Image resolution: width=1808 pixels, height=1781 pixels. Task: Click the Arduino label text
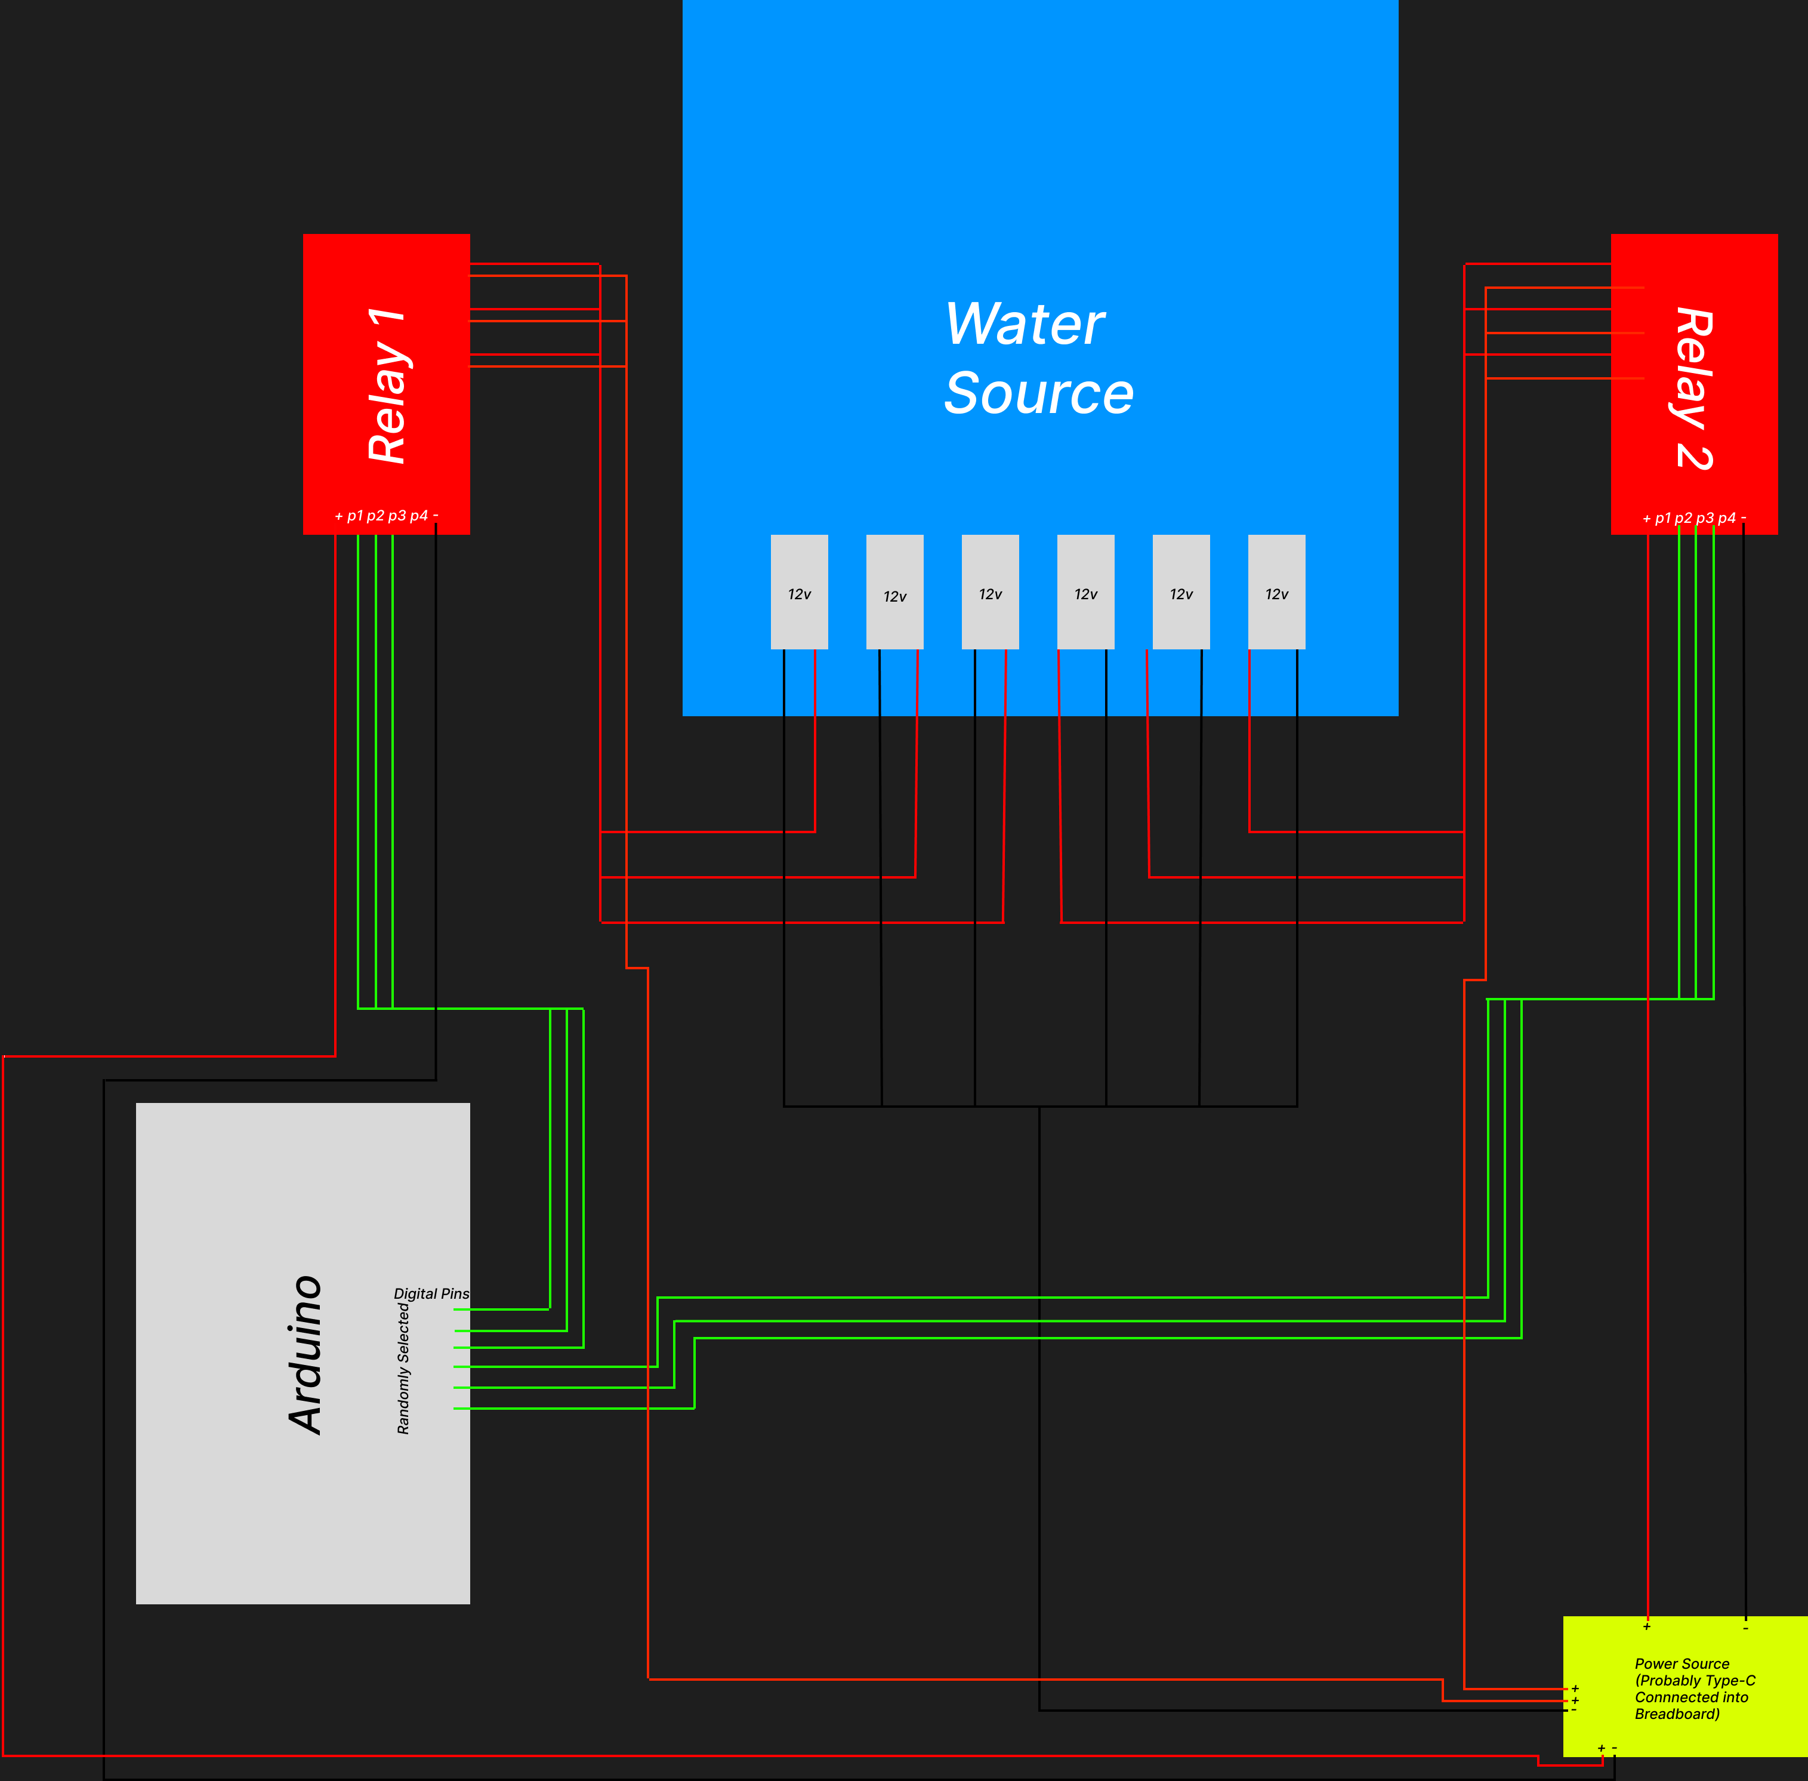305,1354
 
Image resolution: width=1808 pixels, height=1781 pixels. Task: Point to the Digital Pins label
431,1293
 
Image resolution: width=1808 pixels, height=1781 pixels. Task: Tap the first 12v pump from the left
799,592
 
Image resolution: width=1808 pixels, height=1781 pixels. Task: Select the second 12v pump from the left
894,592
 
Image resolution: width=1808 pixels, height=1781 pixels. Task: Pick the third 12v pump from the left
989,592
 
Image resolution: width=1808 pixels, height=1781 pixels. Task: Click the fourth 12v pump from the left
1085,592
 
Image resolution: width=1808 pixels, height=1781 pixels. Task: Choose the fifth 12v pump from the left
1180,592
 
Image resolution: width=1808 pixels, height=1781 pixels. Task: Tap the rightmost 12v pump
1276,592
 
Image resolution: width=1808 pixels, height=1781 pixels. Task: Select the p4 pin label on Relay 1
418,516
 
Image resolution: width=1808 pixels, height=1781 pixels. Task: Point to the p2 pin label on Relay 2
1683,518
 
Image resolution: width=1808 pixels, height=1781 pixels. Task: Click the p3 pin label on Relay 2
1704,518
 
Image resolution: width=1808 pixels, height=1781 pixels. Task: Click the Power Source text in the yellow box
1681,1664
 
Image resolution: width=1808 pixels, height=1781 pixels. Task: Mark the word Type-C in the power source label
1731,1681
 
